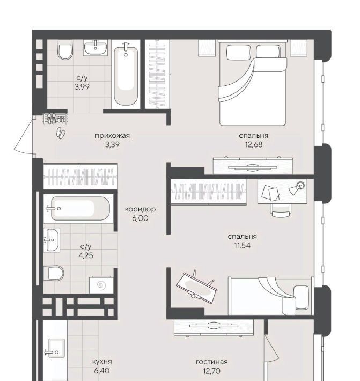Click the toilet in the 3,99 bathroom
pos(65,49)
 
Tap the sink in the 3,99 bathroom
pos(95,48)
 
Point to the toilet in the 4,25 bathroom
pos(54,273)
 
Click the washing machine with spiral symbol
pos(101,284)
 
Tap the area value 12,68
pos(254,144)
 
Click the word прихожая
pos(112,136)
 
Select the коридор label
pos(140,209)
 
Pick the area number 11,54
pos(242,245)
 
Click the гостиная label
pos(212,362)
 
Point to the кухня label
pos(102,362)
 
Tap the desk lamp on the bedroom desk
pos(297,188)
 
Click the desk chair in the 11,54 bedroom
pos(281,210)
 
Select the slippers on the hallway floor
pos(61,133)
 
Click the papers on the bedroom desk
pos(270,193)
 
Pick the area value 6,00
pos(140,218)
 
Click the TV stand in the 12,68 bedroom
pos(253,166)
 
